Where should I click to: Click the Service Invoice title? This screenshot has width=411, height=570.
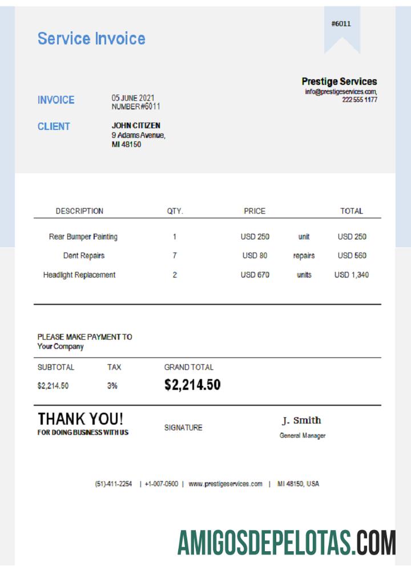91,39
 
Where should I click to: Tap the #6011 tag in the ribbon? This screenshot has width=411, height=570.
341,24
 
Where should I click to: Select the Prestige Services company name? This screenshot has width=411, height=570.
339,82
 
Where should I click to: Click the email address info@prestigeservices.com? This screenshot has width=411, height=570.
340,92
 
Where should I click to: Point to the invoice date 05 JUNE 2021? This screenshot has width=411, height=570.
133,98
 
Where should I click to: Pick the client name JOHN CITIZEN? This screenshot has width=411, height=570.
136,125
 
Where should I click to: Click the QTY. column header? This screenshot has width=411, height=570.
175,211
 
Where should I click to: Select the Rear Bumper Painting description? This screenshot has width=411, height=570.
83,237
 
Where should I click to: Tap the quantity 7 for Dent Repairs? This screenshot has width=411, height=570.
175,256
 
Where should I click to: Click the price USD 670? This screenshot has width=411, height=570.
255,275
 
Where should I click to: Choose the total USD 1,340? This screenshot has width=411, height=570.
351,275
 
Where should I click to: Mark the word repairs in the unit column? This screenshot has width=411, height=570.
304,256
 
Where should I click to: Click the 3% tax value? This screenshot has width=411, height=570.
112,386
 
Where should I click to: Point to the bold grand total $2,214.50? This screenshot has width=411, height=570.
192,385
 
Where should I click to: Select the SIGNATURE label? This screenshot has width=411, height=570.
183,427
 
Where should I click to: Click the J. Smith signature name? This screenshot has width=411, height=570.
301,421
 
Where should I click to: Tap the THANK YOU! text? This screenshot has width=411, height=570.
80,419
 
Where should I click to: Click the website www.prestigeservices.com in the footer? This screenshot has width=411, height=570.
225,484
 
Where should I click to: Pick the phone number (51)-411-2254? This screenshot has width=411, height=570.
114,484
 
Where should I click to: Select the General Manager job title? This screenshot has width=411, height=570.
303,436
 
